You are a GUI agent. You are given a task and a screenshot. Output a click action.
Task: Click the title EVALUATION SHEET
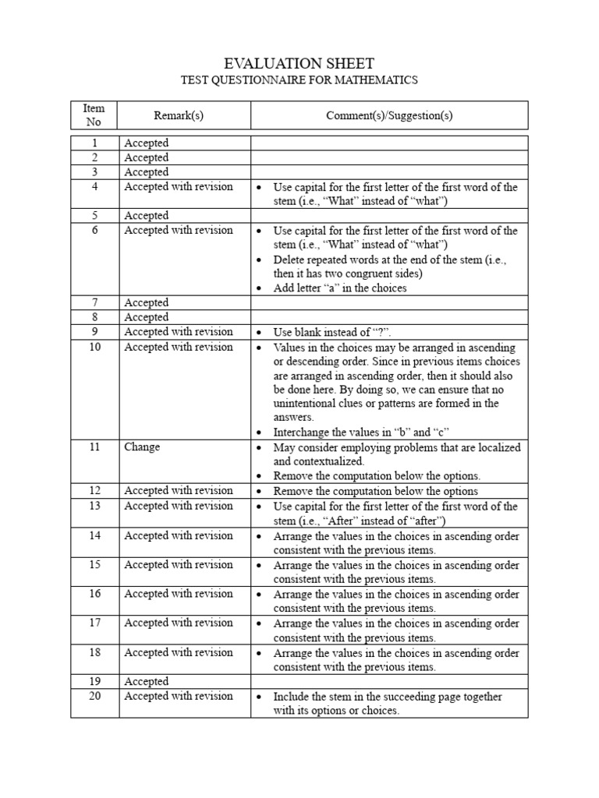[299, 64]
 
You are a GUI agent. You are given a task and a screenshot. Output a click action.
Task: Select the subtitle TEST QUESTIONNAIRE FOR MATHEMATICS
[299, 80]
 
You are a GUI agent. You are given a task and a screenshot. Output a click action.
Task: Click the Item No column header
[94, 115]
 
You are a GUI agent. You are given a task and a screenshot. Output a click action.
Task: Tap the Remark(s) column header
[179, 115]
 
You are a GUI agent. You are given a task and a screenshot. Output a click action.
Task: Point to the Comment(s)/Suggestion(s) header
[389, 115]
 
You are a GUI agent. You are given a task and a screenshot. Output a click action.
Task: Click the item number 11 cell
[94, 447]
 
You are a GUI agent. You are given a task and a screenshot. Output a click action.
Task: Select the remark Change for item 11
[142, 447]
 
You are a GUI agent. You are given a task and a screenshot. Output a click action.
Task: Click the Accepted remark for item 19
[147, 681]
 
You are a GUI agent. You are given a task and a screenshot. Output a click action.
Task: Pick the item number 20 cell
[94, 696]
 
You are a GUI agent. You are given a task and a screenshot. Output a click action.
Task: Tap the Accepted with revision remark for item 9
[179, 331]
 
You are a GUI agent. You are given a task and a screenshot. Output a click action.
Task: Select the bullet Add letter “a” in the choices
[340, 288]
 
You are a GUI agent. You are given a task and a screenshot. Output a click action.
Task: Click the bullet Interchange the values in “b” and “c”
[362, 432]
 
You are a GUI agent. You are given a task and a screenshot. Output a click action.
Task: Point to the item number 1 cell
[94, 143]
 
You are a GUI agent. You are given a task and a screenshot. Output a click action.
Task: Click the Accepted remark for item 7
[147, 302]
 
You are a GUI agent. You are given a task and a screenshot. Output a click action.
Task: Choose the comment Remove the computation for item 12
[375, 491]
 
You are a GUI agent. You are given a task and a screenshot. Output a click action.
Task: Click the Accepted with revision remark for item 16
[179, 594]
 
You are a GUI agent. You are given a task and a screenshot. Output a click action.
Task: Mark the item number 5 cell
[94, 215]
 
